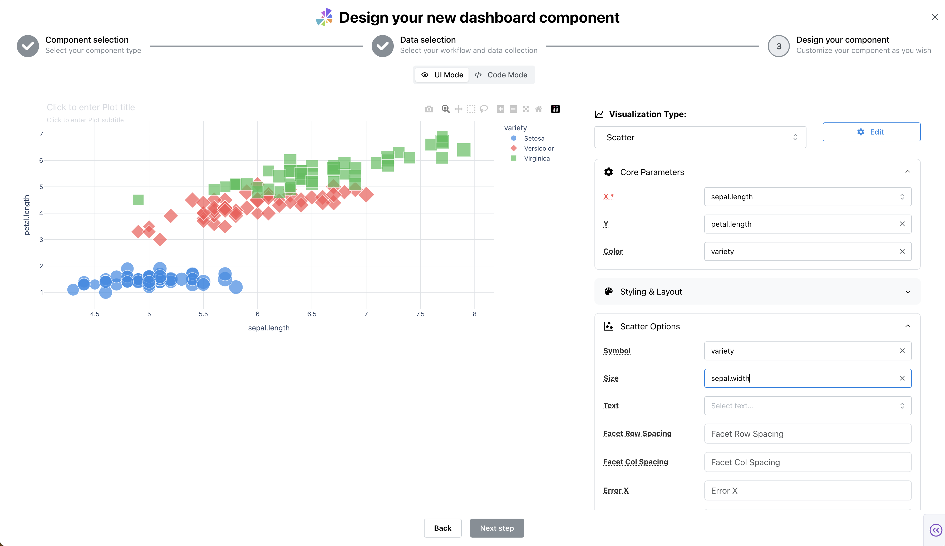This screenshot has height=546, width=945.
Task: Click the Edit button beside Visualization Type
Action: click(871, 132)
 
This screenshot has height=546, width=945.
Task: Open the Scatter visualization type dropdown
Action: click(700, 137)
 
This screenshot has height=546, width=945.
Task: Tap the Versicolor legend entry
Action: click(539, 148)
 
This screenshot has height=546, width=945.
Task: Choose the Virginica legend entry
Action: click(536, 158)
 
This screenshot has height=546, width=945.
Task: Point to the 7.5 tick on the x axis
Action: click(420, 314)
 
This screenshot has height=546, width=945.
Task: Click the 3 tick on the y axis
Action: click(41, 240)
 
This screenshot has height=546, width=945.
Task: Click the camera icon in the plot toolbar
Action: click(429, 109)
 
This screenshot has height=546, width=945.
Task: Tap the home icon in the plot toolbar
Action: click(539, 109)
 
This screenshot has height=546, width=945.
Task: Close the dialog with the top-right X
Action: click(934, 17)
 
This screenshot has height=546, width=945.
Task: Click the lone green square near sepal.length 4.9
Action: click(138, 200)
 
